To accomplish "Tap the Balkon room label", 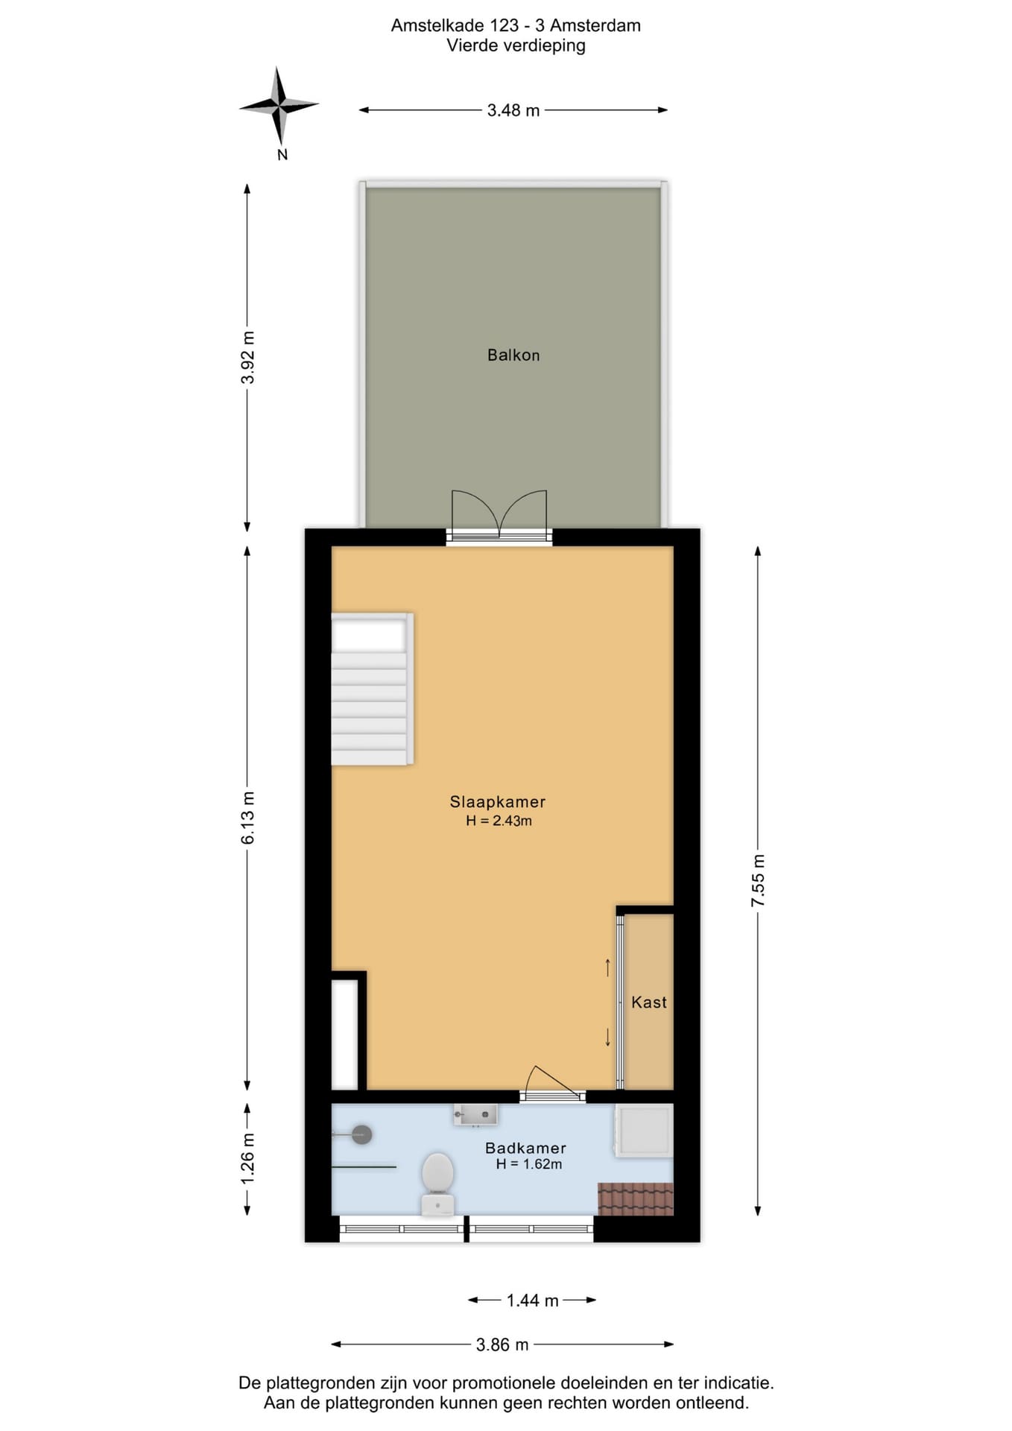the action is (x=513, y=356).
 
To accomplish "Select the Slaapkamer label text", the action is (x=497, y=802).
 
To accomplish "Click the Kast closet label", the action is (x=649, y=1002).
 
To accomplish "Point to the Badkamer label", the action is (x=525, y=1148).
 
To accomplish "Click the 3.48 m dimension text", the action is (x=513, y=110).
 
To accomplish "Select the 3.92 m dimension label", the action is (x=247, y=358).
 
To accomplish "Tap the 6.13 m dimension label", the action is (x=247, y=818).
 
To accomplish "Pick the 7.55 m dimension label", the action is (x=758, y=880).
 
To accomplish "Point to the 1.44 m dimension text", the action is (x=532, y=1301).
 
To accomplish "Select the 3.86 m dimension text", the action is (x=502, y=1345).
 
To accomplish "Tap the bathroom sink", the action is (x=475, y=1114).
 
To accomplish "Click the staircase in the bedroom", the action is (x=371, y=689).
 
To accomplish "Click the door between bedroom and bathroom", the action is (x=552, y=1084).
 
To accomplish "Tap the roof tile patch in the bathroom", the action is (x=636, y=1198).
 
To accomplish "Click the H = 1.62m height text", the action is (x=529, y=1164).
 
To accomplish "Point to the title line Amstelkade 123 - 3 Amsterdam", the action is (x=516, y=25).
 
